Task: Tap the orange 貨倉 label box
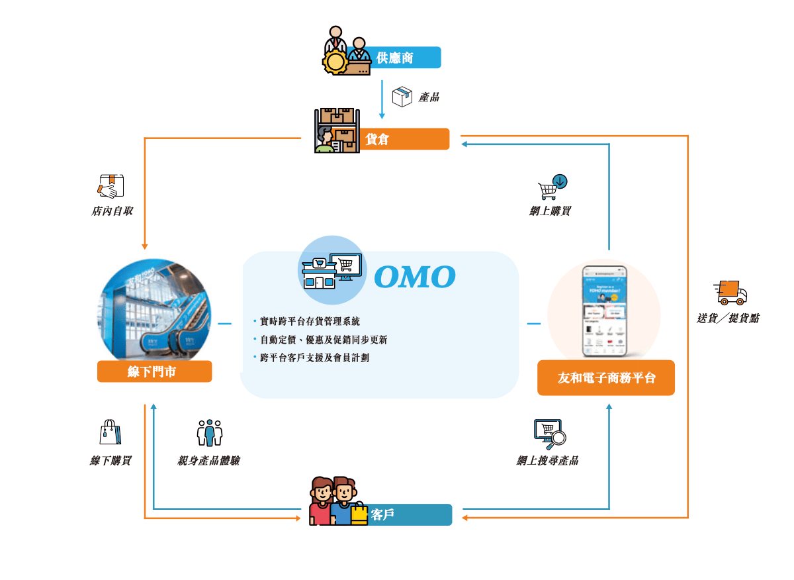coord(404,139)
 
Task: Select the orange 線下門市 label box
coord(154,371)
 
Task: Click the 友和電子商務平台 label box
coord(605,377)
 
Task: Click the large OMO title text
coord(415,277)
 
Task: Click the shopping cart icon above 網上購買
coord(552,187)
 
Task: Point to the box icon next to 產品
coord(402,97)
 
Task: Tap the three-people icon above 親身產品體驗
coord(209,432)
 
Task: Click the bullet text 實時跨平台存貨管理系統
coord(310,322)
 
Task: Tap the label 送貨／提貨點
coord(728,318)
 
